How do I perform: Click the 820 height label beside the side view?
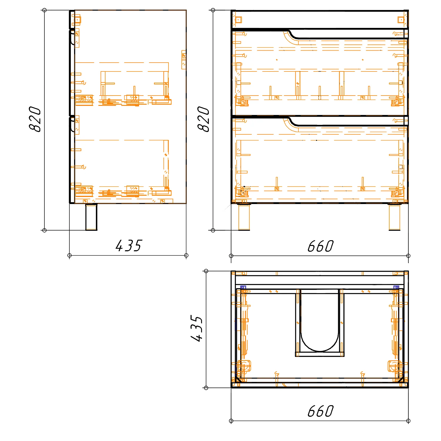pos(35,119)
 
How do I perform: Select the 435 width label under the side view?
pos(128,246)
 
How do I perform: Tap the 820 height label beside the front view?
pos(203,119)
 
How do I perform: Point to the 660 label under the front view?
pos(320,246)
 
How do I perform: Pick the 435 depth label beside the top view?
pos(197,328)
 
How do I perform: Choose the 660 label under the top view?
pos(320,411)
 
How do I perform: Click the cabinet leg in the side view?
pos(91,217)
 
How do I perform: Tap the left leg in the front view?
pos(244,217)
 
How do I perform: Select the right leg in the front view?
pos(394,217)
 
